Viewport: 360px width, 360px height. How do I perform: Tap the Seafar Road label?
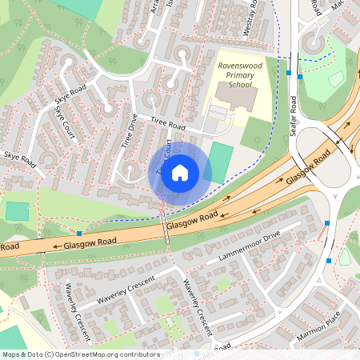coord(294,116)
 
